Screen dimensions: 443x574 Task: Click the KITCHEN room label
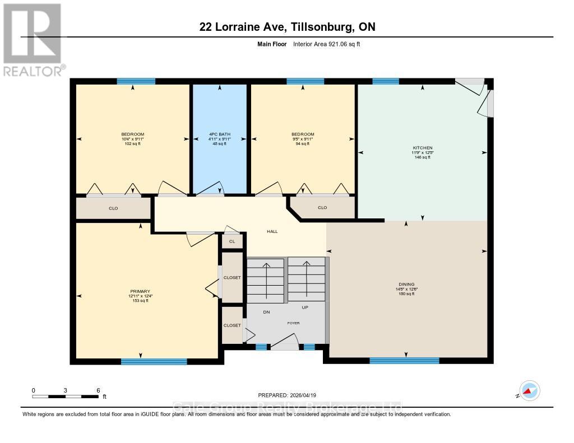(x=422, y=148)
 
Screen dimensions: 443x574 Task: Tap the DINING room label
(x=406, y=284)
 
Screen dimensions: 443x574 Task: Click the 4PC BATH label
(x=219, y=134)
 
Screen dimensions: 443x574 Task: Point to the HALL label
(x=272, y=231)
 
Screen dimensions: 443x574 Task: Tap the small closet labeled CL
(x=232, y=241)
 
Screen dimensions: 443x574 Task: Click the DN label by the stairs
(x=267, y=312)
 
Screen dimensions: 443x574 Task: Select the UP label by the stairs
(x=305, y=307)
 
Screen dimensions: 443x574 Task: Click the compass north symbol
(x=529, y=391)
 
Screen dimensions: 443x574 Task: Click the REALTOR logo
(x=33, y=39)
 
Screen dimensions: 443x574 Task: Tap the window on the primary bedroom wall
(x=154, y=361)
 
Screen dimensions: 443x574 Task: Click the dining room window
(x=404, y=360)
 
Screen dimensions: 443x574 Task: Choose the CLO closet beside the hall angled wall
(x=322, y=207)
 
